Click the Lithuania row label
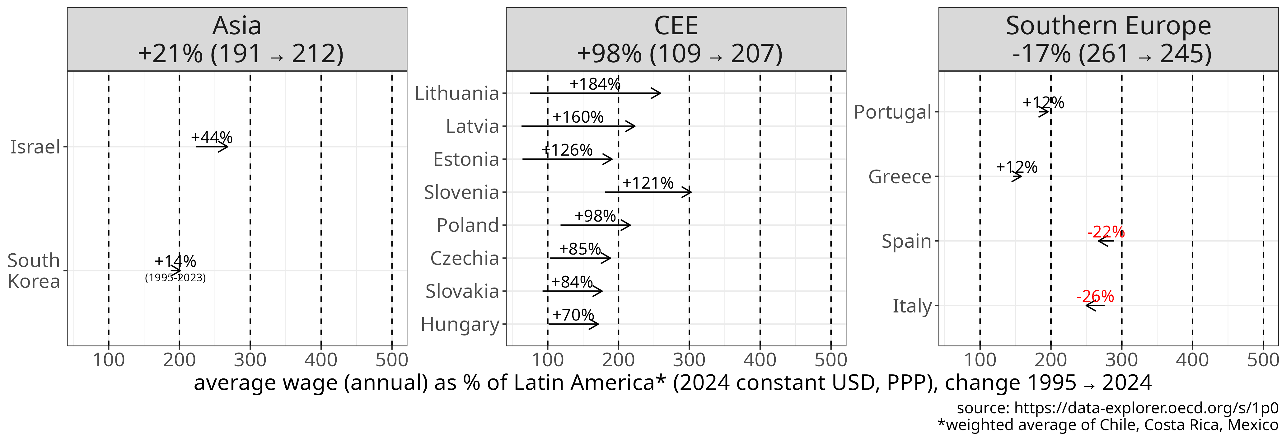pyautogui.click(x=457, y=93)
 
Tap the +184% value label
pyautogui.click(x=595, y=84)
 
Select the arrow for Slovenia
pyautogui.click(x=648, y=192)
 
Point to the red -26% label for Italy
pyautogui.click(x=1095, y=296)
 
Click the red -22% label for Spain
pyautogui.click(x=1106, y=232)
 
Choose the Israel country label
pyautogui.click(x=35, y=147)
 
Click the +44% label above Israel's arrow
pyautogui.click(x=212, y=137)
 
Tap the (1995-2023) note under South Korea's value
pyautogui.click(x=175, y=278)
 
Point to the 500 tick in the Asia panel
pyautogui.click(x=391, y=359)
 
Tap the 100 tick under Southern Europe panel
pyautogui.click(x=980, y=359)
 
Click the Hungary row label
pyautogui.click(x=460, y=324)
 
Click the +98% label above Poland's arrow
pyautogui.click(x=595, y=216)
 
